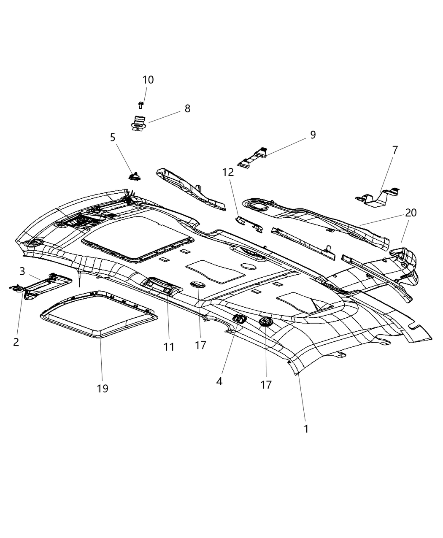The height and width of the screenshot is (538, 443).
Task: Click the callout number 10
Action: tap(148, 80)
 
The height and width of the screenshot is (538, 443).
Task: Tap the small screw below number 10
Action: tap(141, 104)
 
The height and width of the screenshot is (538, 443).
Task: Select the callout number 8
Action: tap(187, 108)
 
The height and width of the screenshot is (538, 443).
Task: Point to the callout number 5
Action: tap(113, 138)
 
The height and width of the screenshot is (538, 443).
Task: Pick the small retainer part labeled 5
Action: tap(135, 176)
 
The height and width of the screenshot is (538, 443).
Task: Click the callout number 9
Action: tap(313, 135)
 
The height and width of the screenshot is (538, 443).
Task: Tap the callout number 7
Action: tap(395, 150)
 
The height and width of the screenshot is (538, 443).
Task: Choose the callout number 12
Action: tap(228, 172)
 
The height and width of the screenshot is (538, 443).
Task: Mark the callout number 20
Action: tap(411, 213)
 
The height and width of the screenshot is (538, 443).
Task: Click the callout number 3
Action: tap(22, 271)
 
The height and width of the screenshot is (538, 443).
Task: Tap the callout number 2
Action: tap(16, 342)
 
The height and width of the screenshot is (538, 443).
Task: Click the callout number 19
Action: tap(103, 388)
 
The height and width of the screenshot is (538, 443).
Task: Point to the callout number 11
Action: tap(169, 347)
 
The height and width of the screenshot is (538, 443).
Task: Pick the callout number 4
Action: tap(219, 381)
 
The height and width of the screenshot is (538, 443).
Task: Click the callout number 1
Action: tap(306, 429)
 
